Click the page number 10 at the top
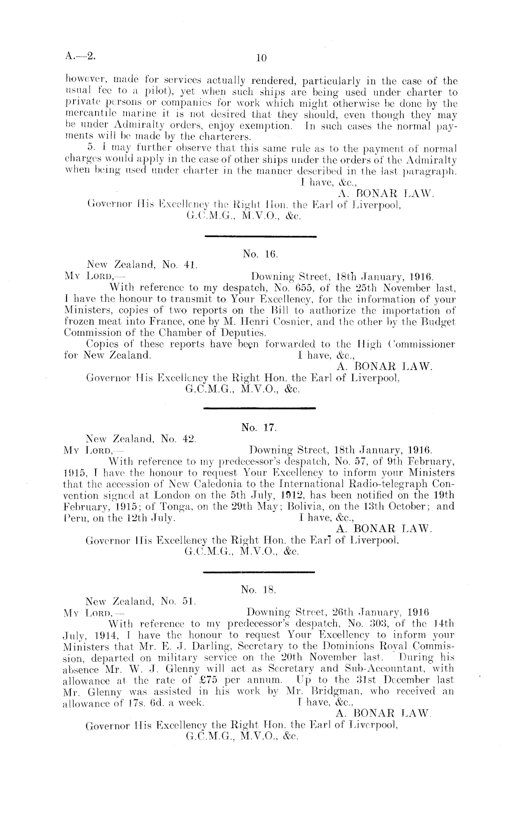[x=261, y=58]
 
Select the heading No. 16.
[x=261, y=254]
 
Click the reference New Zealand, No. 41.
[x=139, y=265]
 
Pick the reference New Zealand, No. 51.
[x=139, y=601]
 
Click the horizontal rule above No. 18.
[x=260, y=572]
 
